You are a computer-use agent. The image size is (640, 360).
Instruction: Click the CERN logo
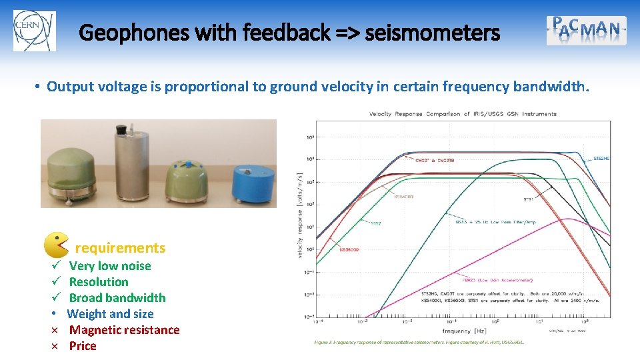click(x=35, y=30)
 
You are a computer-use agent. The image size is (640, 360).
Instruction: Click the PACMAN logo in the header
click(x=587, y=30)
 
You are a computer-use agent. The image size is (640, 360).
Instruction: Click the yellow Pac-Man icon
click(x=56, y=245)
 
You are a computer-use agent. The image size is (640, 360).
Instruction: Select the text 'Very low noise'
click(x=110, y=266)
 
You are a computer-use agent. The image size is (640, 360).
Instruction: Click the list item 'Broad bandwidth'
click(x=117, y=298)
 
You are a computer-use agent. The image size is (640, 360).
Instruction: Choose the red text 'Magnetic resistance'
click(x=125, y=330)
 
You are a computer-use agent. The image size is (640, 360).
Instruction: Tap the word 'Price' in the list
click(x=83, y=346)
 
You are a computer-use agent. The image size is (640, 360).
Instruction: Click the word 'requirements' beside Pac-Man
click(x=120, y=248)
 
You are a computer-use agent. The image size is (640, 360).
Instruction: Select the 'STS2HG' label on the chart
click(x=601, y=158)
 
